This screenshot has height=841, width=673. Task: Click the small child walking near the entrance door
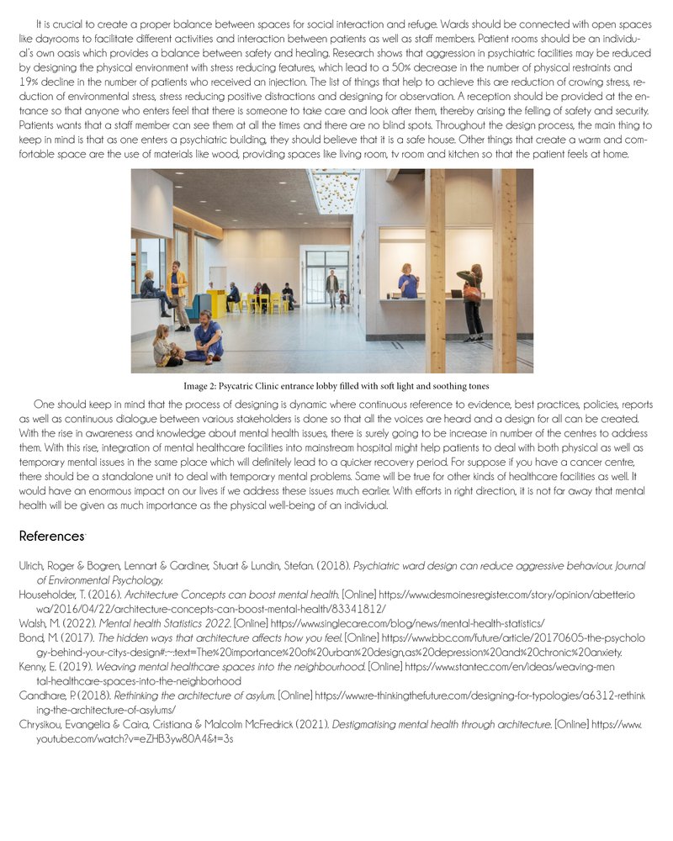click(342, 298)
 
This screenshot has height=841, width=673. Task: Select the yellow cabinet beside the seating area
click(217, 303)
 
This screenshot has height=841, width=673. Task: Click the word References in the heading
click(50, 536)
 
